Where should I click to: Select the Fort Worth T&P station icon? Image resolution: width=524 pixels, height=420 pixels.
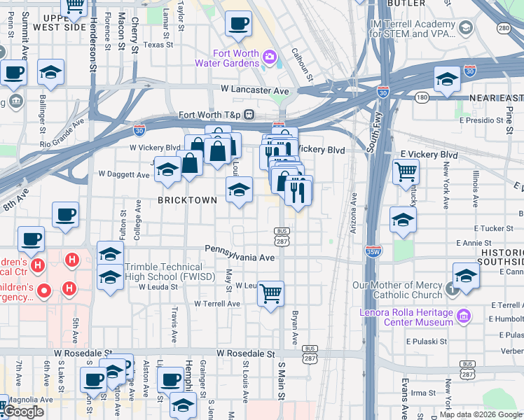tap(249, 115)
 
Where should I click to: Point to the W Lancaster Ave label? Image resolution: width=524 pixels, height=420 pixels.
tap(254, 90)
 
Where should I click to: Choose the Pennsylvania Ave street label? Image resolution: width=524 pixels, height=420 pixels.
tap(240, 248)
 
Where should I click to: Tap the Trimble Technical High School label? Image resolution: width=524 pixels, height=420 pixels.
tap(164, 272)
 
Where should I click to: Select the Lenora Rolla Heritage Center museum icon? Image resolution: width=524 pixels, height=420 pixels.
tap(463, 317)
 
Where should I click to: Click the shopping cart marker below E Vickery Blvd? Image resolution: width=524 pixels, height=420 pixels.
tap(406, 171)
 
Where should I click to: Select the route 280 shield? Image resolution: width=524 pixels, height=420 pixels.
tap(504, 28)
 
